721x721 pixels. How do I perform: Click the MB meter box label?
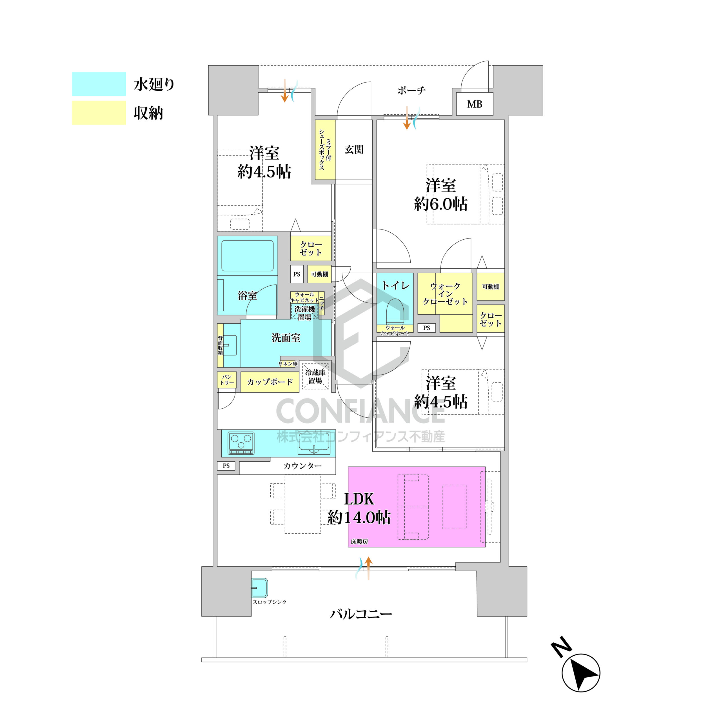(x=474, y=104)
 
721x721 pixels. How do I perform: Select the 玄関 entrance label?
(x=354, y=149)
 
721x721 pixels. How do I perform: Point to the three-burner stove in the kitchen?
(x=241, y=443)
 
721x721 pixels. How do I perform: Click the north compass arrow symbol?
(x=581, y=673)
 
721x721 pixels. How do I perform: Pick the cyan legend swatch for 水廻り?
(x=99, y=84)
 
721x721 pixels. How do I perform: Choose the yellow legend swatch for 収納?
(x=99, y=113)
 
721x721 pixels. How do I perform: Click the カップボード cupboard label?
(x=270, y=382)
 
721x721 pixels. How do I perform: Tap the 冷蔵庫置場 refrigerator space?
(x=315, y=377)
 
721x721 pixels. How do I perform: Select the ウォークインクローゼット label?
(x=445, y=294)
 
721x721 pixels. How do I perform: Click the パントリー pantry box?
(x=227, y=380)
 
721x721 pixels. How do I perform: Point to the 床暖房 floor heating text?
(x=359, y=542)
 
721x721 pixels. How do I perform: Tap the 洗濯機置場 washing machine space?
(x=304, y=313)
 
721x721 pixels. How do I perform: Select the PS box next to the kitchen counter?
(x=226, y=466)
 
